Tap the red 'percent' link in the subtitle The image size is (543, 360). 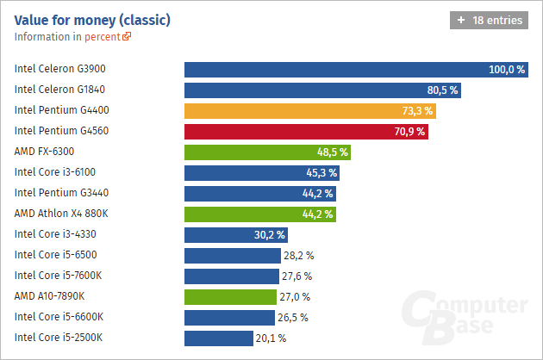(107, 37)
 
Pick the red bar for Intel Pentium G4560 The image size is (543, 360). (306, 132)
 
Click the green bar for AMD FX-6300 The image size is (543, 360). (268, 152)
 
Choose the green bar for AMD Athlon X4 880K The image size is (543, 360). (259, 214)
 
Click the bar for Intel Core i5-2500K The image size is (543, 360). (219, 338)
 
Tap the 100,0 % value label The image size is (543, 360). (507, 70)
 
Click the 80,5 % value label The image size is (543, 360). (443, 90)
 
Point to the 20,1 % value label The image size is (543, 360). (271, 338)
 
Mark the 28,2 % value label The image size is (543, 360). (298, 256)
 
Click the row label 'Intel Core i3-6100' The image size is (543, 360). (55, 172)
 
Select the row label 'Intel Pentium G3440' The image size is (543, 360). (61, 193)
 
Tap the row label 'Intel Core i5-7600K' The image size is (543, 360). (59, 276)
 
